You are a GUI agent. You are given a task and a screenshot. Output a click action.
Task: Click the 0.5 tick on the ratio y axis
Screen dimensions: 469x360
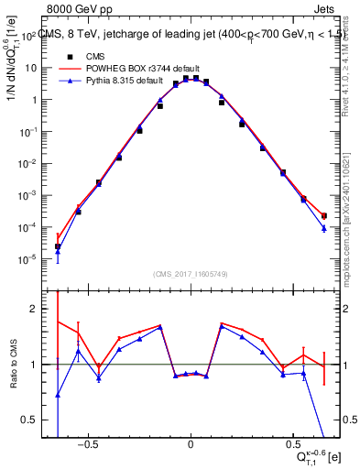pos(30,420)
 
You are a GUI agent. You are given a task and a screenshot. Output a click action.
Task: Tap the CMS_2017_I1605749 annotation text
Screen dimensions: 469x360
pos(191,274)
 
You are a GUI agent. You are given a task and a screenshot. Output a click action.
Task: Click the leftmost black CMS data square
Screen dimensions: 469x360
pos(58,246)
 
